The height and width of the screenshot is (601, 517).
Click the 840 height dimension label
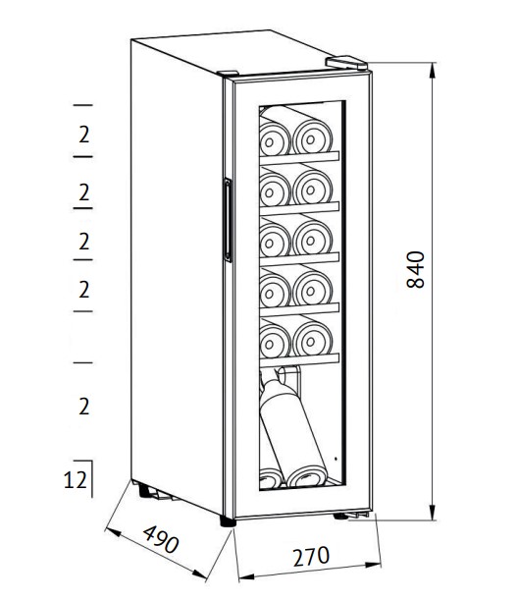[x=415, y=269]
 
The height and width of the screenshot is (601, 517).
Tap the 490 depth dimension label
[x=161, y=539]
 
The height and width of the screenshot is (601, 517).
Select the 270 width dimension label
[x=311, y=557]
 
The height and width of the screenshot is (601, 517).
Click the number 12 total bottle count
[x=76, y=479]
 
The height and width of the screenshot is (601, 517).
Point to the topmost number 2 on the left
[x=83, y=135]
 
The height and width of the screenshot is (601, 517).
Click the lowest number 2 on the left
[x=83, y=407]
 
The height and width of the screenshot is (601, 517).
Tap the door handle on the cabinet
[x=227, y=220]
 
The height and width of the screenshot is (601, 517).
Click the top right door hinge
[x=346, y=63]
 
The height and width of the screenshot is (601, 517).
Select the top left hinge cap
[x=228, y=74]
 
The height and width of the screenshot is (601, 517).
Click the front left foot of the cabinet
[x=228, y=521]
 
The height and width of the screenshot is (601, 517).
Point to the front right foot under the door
[x=340, y=517]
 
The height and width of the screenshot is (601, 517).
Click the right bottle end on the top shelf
[x=313, y=137]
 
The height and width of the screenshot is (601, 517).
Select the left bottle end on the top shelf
[x=274, y=139]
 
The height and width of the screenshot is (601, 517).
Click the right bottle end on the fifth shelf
[x=313, y=339]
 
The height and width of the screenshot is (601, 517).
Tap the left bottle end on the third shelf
[x=274, y=241]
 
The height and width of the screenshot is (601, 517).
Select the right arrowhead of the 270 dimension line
[x=374, y=565]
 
